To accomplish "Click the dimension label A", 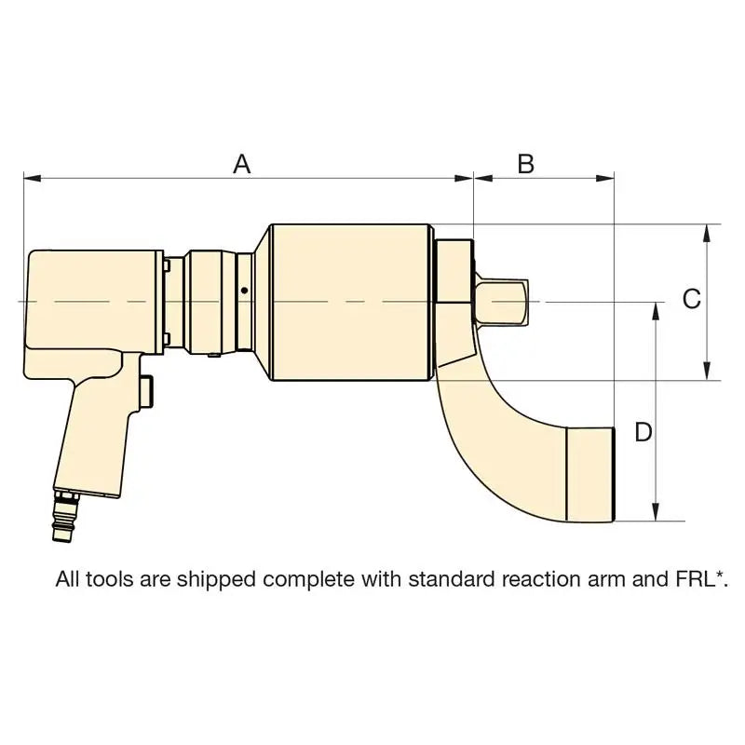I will [x=242, y=164].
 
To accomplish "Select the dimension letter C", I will [x=691, y=299].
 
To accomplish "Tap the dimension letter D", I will [x=643, y=432].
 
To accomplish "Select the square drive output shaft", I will [x=501, y=302].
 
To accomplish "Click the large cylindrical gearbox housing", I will [x=350, y=303].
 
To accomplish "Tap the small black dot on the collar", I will [x=244, y=291].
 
